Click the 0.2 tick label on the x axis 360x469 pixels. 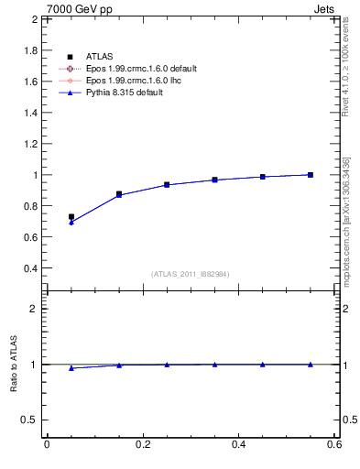142,445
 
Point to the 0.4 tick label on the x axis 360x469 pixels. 238,445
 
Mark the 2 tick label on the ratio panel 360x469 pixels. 32,309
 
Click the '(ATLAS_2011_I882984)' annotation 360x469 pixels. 191,274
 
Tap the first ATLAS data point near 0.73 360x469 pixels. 71,217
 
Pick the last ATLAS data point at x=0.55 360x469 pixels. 311,175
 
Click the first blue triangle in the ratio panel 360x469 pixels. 71,367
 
